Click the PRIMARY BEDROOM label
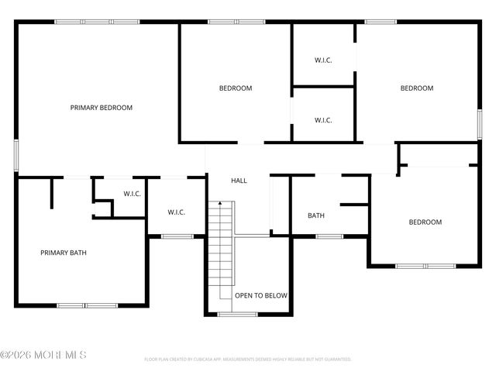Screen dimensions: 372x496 101,108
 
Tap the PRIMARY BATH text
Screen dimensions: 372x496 64,252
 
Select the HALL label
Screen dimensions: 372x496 239,181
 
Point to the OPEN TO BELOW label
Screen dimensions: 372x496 261,295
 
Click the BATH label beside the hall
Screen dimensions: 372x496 315,215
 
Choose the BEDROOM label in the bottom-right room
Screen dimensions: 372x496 425,222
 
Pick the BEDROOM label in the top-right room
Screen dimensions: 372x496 416,88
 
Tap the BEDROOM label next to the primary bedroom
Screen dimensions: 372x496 236,88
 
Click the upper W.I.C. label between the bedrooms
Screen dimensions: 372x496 323,60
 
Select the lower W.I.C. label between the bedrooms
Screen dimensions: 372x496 323,120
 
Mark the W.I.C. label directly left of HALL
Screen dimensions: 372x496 177,212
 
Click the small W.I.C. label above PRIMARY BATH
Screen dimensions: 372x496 132,193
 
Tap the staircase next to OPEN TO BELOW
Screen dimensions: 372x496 221,248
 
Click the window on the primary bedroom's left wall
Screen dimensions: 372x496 16,154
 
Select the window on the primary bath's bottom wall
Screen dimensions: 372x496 85,305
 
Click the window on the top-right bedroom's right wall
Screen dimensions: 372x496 479,124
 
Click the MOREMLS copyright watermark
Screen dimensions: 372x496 43,355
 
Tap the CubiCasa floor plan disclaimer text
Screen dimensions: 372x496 248,360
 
